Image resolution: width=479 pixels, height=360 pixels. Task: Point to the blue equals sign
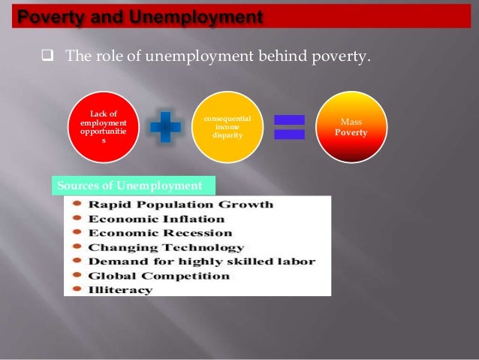(x=289, y=127)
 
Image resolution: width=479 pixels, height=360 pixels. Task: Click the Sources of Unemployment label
(x=130, y=186)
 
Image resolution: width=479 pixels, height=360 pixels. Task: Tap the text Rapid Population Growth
(x=180, y=204)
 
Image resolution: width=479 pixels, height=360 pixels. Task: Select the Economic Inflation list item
(x=156, y=219)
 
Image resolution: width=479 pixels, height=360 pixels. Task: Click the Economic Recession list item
(x=160, y=233)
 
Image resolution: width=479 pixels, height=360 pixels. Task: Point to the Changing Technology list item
(x=166, y=247)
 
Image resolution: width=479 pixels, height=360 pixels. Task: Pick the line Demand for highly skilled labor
(x=201, y=262)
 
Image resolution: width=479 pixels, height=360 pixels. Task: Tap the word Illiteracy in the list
(x=120, y=290)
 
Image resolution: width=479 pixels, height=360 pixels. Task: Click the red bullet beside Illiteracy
(x=77, y=290)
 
